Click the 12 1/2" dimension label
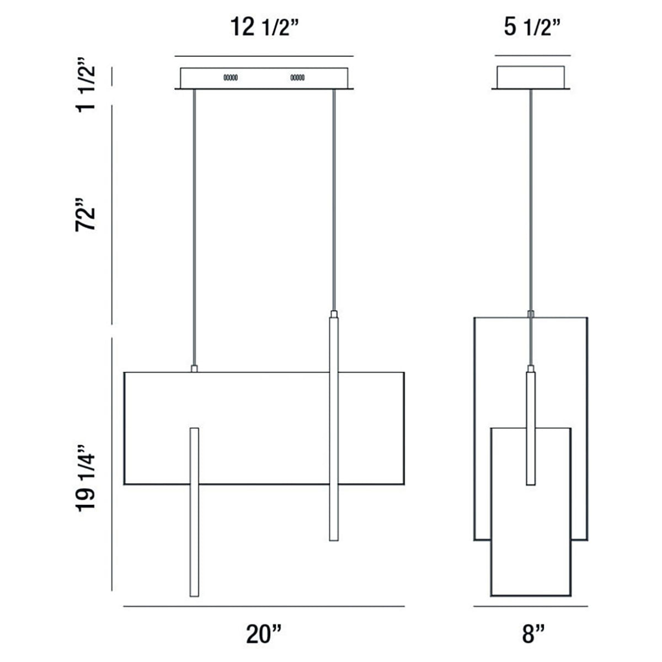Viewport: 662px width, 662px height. pos(265,27)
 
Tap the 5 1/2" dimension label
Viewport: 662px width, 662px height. pos(532,27)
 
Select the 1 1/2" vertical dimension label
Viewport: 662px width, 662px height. pos(86,85)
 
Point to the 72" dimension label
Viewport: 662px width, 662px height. pos(86,215)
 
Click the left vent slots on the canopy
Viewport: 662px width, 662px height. pos(231,78)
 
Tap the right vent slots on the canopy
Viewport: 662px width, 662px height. pos(297,78)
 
